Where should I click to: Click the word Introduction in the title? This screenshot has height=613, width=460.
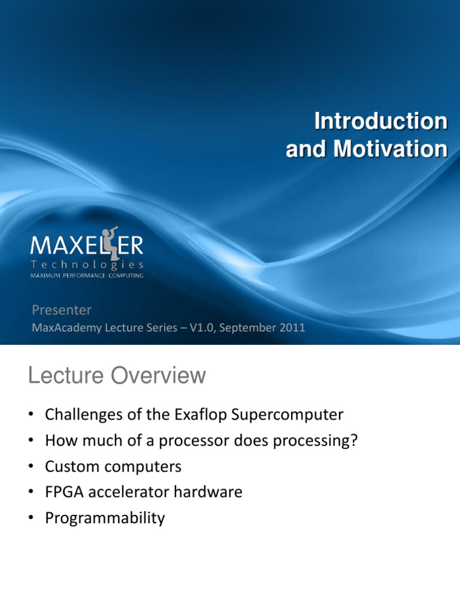[381, 121]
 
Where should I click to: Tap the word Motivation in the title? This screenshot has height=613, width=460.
[391, 149]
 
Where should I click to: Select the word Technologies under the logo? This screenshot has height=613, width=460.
[87, 265]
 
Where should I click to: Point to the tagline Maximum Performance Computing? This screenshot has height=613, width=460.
[87, 275]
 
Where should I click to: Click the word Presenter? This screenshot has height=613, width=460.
[62, 310]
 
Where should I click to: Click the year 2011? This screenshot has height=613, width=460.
[292, 327]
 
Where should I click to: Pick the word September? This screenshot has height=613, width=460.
[247, 328]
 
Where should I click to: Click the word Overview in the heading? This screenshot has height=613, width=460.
[158, 375]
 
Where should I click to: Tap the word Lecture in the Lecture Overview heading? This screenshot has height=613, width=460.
[66, 375]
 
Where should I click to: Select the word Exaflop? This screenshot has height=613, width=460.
[200, 415]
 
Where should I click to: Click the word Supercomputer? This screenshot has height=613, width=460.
[287, 415]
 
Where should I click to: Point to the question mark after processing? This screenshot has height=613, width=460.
[354, 440]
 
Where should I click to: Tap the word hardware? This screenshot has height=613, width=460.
[208, 492]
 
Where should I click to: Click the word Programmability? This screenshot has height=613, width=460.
[105, 518]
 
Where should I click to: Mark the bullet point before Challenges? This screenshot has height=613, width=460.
[31, 414]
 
